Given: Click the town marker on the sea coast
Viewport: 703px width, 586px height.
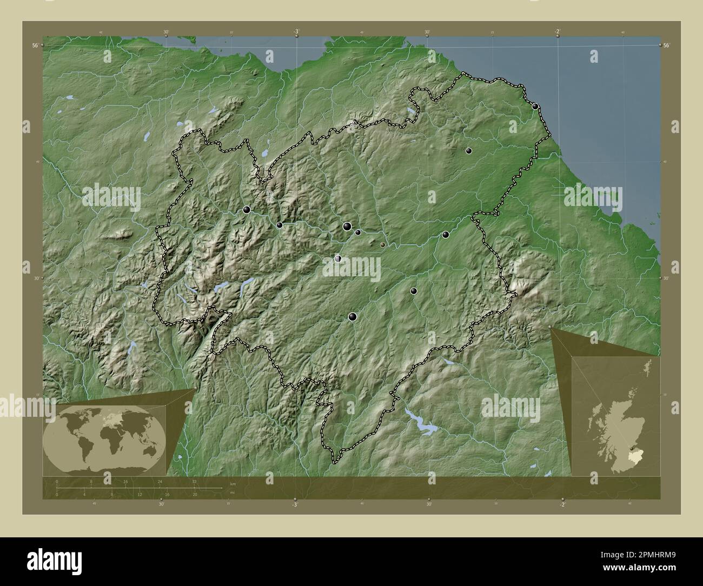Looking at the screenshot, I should coord(535,106).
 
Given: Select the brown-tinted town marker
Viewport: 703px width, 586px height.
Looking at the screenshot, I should coord(383,244).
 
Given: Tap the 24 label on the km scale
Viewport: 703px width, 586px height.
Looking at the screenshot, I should coord(160,481).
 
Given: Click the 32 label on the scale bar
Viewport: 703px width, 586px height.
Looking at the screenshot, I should coord(194,481).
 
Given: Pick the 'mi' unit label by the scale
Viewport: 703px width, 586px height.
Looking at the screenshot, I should coord(233,492).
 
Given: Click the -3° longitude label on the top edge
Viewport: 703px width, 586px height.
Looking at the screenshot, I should coord(296,32).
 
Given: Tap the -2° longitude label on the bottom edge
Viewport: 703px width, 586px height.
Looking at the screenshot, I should coord(562,504).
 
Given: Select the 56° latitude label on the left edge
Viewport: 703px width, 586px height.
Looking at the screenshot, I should coord(35,46).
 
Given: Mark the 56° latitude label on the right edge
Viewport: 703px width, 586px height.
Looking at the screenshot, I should coord(667,45).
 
